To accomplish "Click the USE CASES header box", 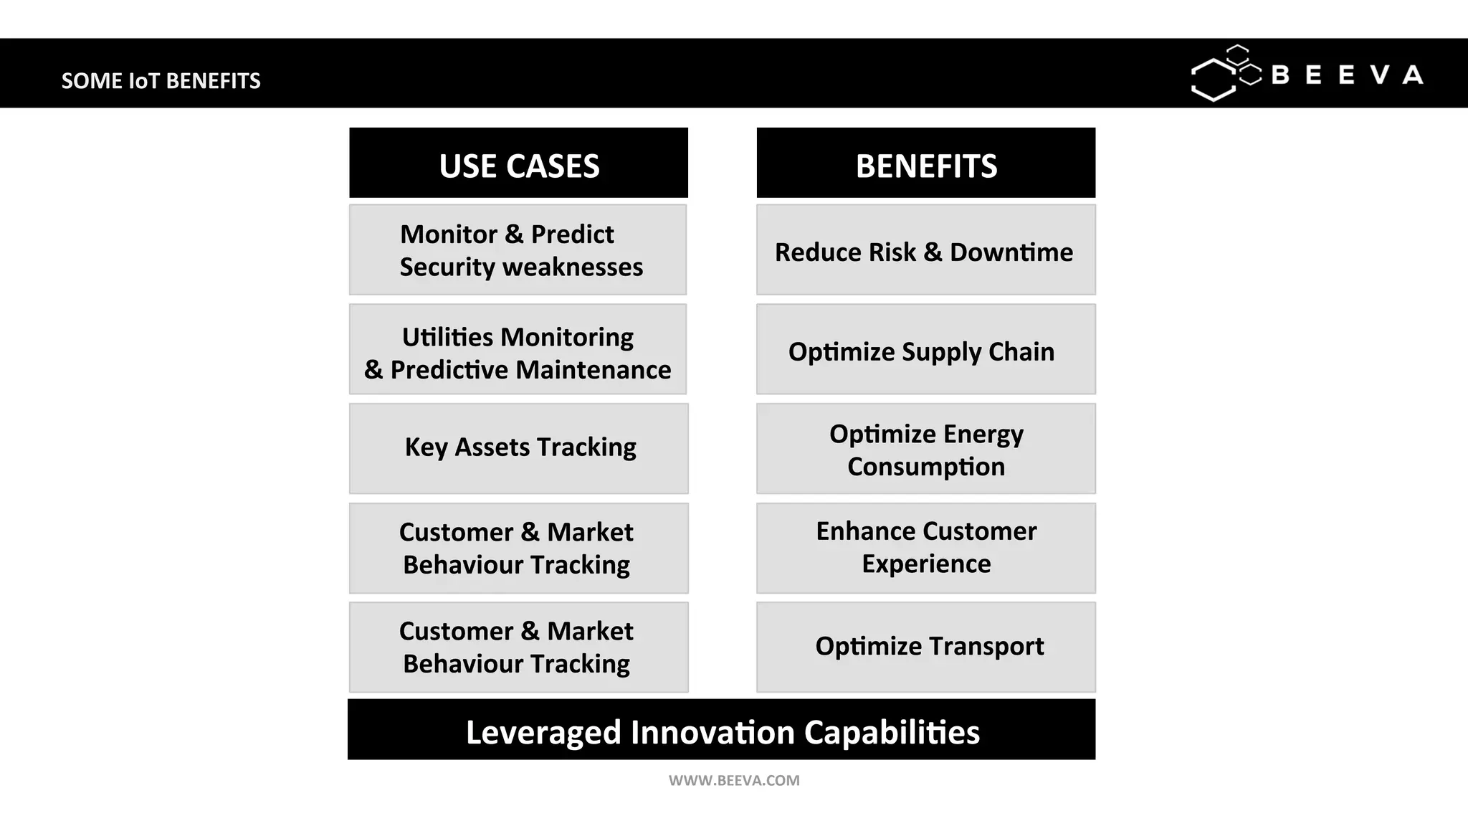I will (518, 163).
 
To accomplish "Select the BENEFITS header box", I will (925, 163).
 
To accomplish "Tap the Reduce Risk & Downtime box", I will (925, 250).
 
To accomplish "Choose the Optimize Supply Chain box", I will (925, 350).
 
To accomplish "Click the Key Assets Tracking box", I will (518, 449).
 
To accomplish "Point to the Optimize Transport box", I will (925, 647).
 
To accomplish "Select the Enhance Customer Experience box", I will (925, 549).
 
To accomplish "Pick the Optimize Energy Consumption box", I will (925, 449).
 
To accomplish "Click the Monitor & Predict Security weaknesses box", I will (518, 250).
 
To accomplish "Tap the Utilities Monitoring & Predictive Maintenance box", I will (518, 350).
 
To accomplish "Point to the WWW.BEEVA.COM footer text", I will (734, 781).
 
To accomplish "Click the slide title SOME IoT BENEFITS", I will (161, 81).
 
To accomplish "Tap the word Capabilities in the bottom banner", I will (892, 733).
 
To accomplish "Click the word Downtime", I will (1011, 252).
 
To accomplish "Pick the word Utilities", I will (447, 337).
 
